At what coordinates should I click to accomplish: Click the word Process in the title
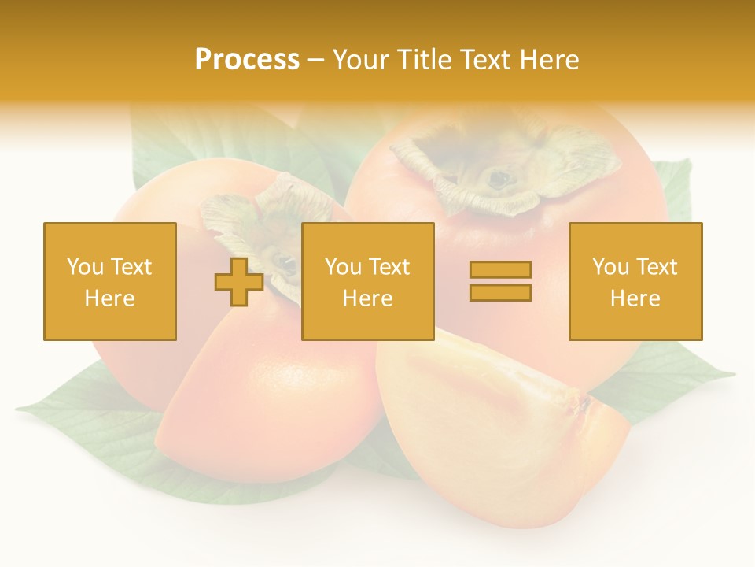click(247, 60)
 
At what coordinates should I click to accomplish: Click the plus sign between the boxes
click(239, 282)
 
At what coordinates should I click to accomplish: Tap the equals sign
click(500, 281)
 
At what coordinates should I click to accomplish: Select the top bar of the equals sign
click(500, 270)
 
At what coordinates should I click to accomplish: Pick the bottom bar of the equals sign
click(500, 292)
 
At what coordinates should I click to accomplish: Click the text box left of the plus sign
click(109, 281)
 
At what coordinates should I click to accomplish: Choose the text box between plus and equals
click(367, 281)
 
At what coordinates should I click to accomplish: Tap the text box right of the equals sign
click(635, 281)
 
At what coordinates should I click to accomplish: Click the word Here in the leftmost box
click(109, 298)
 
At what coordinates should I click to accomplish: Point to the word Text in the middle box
click(388, 267)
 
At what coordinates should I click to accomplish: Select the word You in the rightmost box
click(610, 267)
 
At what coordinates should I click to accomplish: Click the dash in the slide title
click(316, 60)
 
